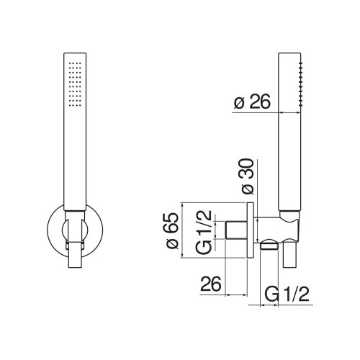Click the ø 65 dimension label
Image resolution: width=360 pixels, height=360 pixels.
click(173, 230)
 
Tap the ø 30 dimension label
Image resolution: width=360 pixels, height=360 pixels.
click(248, 176)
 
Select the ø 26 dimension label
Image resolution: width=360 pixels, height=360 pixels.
click(252, 102)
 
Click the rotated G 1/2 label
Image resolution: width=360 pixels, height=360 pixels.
click(204, 232)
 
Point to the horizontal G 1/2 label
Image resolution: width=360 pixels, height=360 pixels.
click(287, 294)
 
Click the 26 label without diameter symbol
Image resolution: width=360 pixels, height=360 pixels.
click(210, 284)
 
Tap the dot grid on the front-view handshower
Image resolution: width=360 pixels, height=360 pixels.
click(75, 84)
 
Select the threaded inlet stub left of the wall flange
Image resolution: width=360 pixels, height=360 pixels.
click(236, 230)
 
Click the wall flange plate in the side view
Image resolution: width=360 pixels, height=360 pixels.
click(250, 230)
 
